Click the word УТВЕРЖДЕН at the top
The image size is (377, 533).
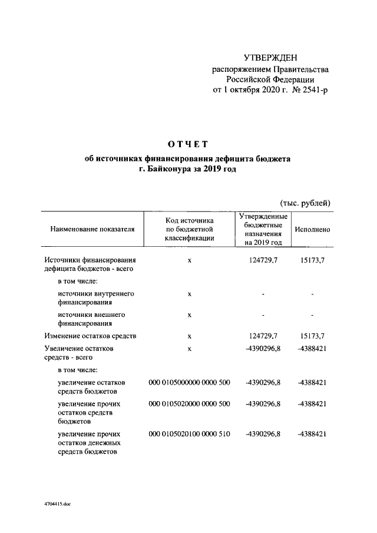point(271,57)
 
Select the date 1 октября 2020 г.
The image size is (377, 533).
point(250,91)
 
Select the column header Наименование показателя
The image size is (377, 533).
point(92,229)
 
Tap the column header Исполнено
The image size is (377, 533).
point(312,229)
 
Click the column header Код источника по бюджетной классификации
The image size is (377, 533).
point(189,229)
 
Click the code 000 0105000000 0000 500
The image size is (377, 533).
point(189,382)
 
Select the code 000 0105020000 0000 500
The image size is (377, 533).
point(189,405)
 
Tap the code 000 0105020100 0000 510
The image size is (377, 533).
point(189,434)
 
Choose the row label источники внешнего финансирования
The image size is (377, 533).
point(93,319)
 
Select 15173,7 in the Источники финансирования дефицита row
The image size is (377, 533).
point(312,260)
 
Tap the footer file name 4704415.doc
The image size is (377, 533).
point(57,505)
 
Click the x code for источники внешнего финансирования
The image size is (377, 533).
point(189,314)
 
